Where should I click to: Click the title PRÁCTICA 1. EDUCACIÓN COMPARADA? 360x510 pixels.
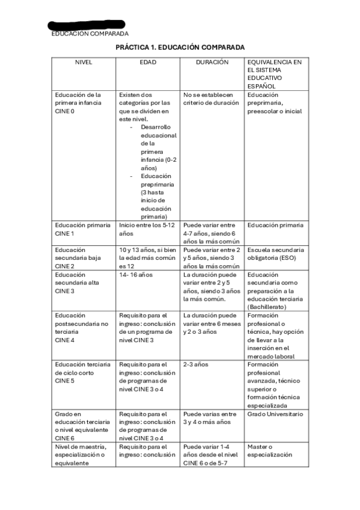pos(180,47)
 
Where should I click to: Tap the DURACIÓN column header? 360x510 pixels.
pos(212,62)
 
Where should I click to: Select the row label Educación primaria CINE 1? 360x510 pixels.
pos(82,229)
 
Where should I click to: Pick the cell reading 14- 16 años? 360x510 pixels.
pos(136,275)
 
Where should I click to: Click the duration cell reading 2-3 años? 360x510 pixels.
pos(196,364)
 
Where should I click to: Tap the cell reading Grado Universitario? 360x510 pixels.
pos(275,414)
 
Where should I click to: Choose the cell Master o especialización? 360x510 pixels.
pos(269,450)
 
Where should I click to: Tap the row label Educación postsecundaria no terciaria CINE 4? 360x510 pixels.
pos(81,327)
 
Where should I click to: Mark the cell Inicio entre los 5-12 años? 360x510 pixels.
pos(144,229)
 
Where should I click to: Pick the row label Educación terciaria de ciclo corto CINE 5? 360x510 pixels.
pos(82,372)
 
